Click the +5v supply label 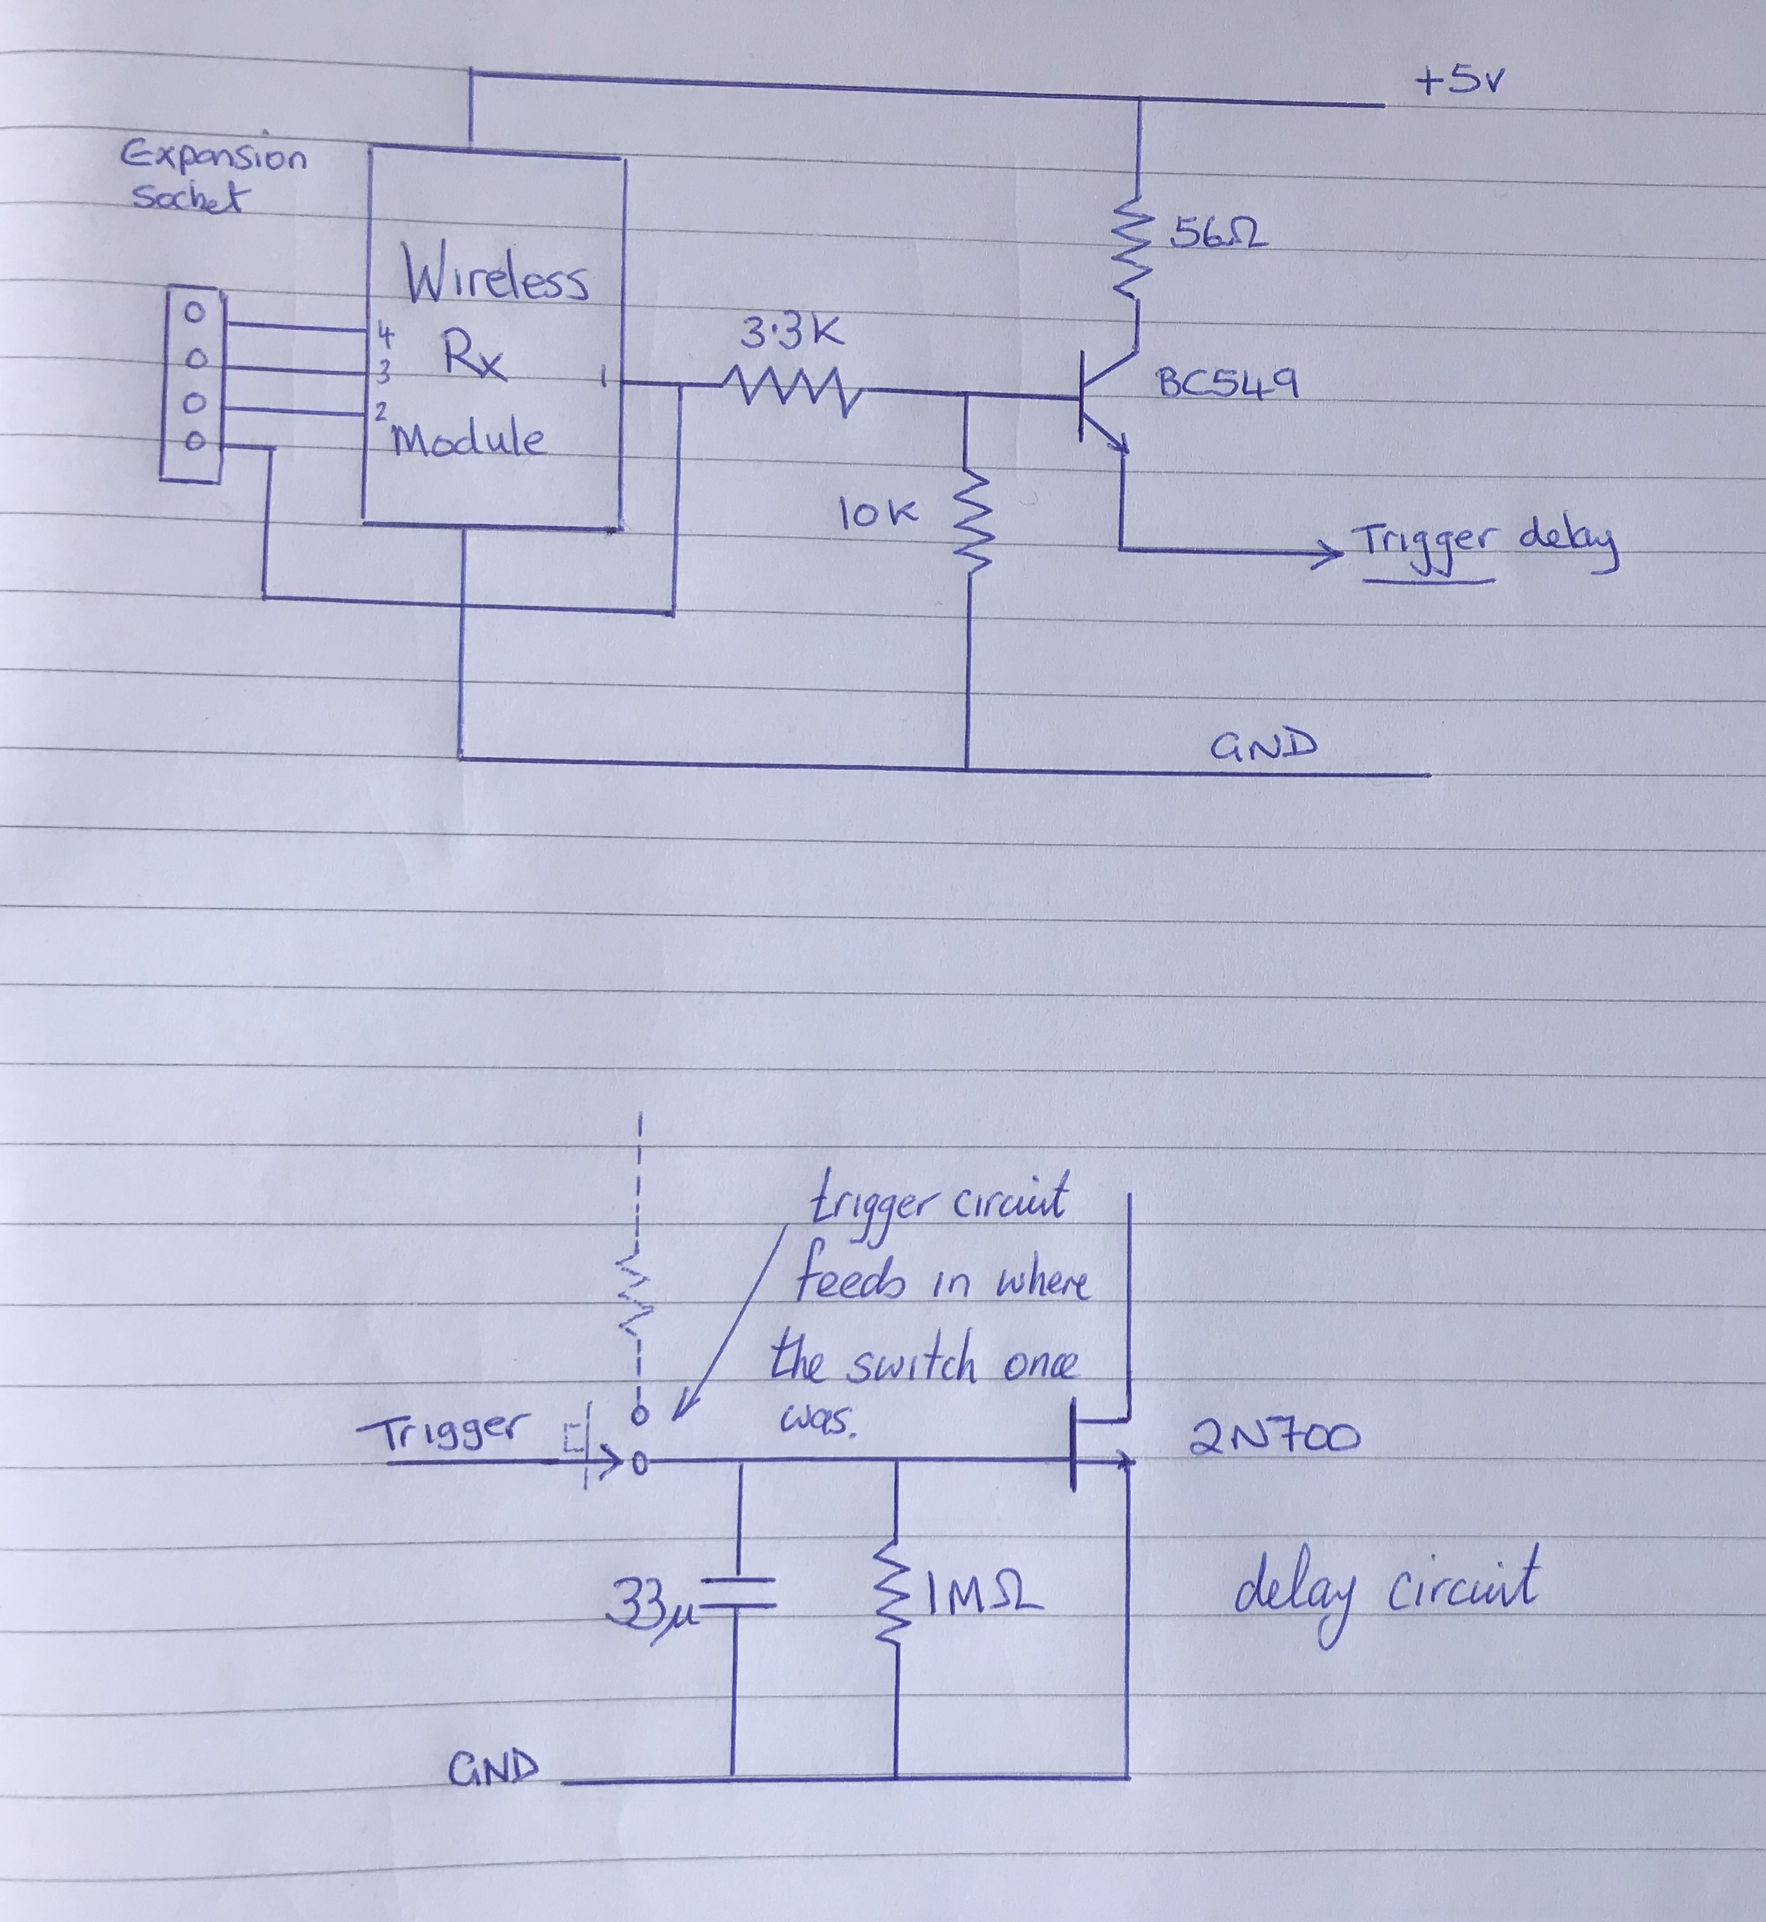[x=1459, y=82]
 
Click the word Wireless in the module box [x=495, y=276]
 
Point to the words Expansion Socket [x=212, y=177]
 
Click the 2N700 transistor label [x=1274, y=1437]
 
